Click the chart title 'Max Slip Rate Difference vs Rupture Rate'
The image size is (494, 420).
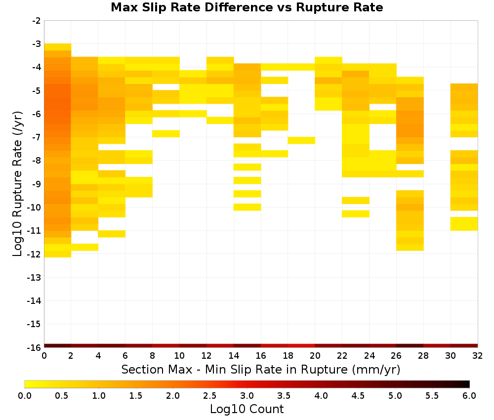pyautogui.click(x=247, y=7)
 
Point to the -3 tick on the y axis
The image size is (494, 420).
pyautogui.click(x=37, y=44)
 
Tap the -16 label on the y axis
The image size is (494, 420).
pyautogui.click(x=35, y=347)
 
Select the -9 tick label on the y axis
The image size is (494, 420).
pyautogui.click(x=37, y=184)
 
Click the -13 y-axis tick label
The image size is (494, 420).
pyautogui.click(x=35, y=277)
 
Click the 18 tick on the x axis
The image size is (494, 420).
pyautogui.click(x=288, y=356)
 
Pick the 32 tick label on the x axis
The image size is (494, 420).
pyautogui.click(x=478, y=356)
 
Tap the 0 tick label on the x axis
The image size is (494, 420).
pyautogui.click(x=44, y=356)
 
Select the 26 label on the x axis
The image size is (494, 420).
pyautogui.click(x=396, y=356)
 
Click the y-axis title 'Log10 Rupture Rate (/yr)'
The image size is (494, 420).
pyautogui.click(x=17, y=184)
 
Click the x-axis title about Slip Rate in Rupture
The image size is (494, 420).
pyautogui.click(x=261, y=369)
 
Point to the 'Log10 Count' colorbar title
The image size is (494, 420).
pyautogui.click(x=247, y=409)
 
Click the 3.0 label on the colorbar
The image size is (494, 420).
pyautogui.click(x=247, y=396)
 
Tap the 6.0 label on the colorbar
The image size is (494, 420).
pyautogui.click(x=469, y=396)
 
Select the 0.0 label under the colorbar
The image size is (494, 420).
pyautogui.click(x=25, y=396)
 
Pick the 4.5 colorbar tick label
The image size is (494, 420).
pyautogui.click(x=358, y=396)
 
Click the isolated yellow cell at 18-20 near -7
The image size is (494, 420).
pyautogui.click(x=301, y=140)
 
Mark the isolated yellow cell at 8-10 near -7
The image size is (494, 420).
pyautogui.click(x=166, y=133)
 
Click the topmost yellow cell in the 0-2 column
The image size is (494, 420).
pyautogui.click(x=58, y=47)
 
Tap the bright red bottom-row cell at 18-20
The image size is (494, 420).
pyautogui.click(x=301, y=346)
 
